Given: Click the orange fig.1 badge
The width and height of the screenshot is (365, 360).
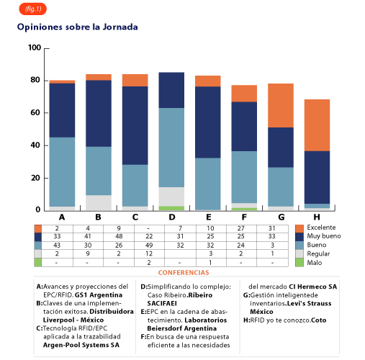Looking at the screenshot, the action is point(32,9).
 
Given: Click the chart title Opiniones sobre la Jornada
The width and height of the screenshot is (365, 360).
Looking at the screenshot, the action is point(78,27).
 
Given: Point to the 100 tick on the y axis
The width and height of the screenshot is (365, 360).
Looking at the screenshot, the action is point(35,48).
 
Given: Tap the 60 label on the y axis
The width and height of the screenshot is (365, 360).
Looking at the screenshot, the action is point(35,112).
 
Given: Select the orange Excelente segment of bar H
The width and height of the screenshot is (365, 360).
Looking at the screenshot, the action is point(317,125).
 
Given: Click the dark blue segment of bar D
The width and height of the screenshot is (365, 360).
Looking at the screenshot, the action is point(171,90).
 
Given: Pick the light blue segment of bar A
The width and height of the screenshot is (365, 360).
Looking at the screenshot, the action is point(62,172).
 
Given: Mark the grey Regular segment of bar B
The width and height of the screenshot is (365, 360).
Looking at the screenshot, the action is point(99,203).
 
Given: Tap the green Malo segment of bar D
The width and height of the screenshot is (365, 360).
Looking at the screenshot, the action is point(171,208).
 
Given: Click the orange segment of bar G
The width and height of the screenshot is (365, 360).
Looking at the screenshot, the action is point(281,105).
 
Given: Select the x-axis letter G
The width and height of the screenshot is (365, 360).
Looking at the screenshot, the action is point(281,217).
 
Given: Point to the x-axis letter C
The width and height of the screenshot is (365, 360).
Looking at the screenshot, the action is point(135,217).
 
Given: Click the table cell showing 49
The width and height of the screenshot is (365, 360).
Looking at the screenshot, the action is point(149,246).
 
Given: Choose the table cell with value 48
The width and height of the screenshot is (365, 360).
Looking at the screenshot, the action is point(119,236).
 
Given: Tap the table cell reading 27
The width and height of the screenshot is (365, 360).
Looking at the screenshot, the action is point(241,228).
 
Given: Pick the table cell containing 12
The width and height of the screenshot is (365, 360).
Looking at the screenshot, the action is point(149,253).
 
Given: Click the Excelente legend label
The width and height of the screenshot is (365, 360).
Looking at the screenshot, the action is point(321,228).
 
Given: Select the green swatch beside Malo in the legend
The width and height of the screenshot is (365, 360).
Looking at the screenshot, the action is point(299,262).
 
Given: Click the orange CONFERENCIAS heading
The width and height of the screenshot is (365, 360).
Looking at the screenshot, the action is point(184,273).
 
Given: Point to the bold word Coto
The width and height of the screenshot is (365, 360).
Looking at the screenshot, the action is point(319,320).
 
